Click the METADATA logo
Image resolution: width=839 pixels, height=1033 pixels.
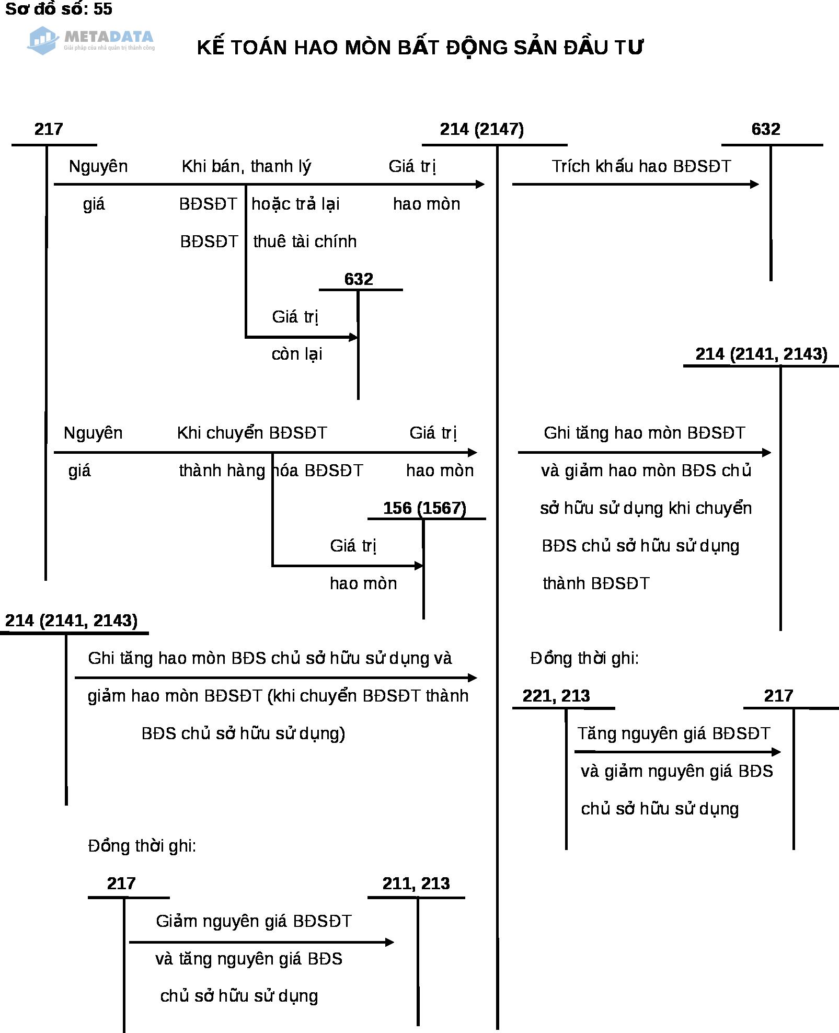point(91,40)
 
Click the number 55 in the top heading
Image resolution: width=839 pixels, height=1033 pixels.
point(103,9)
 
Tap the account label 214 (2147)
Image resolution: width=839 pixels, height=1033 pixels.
point(481,129)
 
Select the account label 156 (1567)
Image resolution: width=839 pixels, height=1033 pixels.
point(424,508)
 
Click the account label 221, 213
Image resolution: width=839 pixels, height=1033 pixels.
point(556,696)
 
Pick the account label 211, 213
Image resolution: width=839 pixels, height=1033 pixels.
point(416,883)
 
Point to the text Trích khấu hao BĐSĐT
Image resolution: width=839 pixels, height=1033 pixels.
point(641,166)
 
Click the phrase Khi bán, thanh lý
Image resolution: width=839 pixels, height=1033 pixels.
point(246,166)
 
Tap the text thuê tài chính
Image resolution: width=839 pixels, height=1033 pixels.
point(305,242)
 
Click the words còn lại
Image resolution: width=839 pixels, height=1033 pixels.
point(297,354)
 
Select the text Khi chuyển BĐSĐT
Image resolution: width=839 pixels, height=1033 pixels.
point(252,433)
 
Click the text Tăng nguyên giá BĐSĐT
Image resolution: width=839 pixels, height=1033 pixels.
point(674,733)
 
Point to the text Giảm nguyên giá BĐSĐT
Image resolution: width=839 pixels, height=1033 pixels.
point(254,921)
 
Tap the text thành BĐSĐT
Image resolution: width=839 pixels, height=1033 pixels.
point(596,583)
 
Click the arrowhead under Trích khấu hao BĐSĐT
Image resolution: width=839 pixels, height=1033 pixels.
point(754,184)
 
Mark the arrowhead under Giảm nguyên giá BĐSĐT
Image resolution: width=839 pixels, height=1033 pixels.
point(389,942)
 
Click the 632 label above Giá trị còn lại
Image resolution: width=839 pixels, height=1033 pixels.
point(359,279)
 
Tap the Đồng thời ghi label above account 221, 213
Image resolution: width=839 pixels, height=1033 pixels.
point(584,658)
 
